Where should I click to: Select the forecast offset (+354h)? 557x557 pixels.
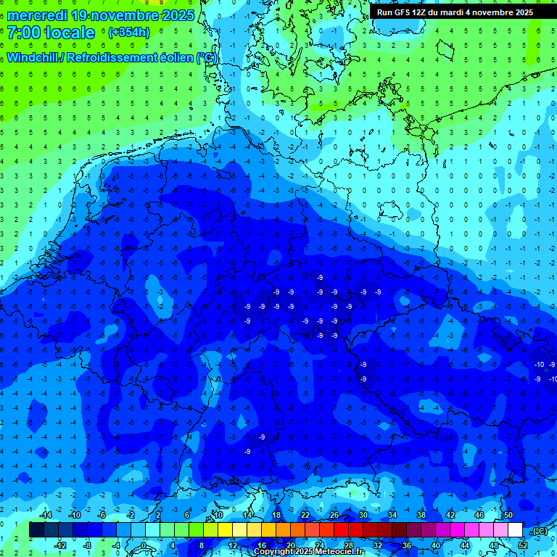coord(128,32)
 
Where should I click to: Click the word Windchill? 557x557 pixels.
coord(33,57)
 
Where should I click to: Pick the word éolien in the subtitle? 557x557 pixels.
coord(177,57)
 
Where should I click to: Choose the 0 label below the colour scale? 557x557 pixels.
coord(144,545)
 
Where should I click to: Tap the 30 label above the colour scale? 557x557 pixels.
coord(363,515)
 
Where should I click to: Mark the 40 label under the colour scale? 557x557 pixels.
coord(435,545)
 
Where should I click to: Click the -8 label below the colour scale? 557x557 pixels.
coord(87,545)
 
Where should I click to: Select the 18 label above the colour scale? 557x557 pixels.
coord(276,515)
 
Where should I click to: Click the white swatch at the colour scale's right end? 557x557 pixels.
coord(516,530)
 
